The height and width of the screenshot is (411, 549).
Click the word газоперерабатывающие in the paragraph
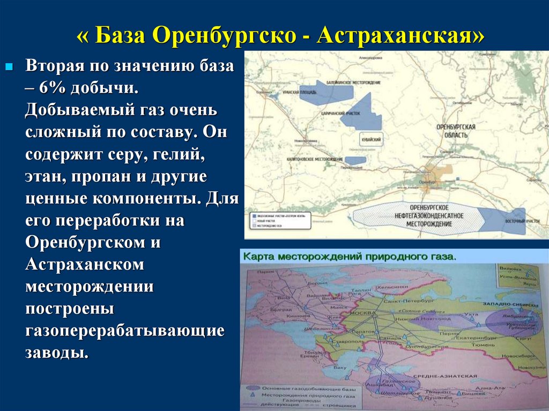(124, 331)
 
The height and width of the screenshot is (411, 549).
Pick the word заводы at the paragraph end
(55, 353)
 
